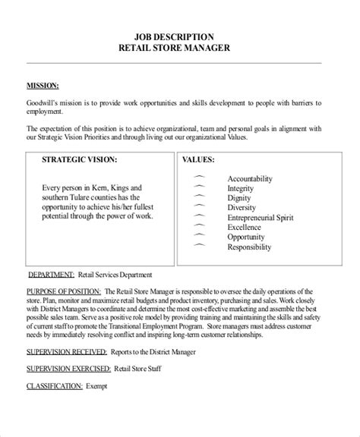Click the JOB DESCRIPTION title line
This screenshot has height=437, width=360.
pyautogui.click(x=179, y=36)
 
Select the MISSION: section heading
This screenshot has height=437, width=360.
pyautogui.click(x=43, y=86)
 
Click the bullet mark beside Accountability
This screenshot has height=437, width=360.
pyautogui.click(x=200, y=177)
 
